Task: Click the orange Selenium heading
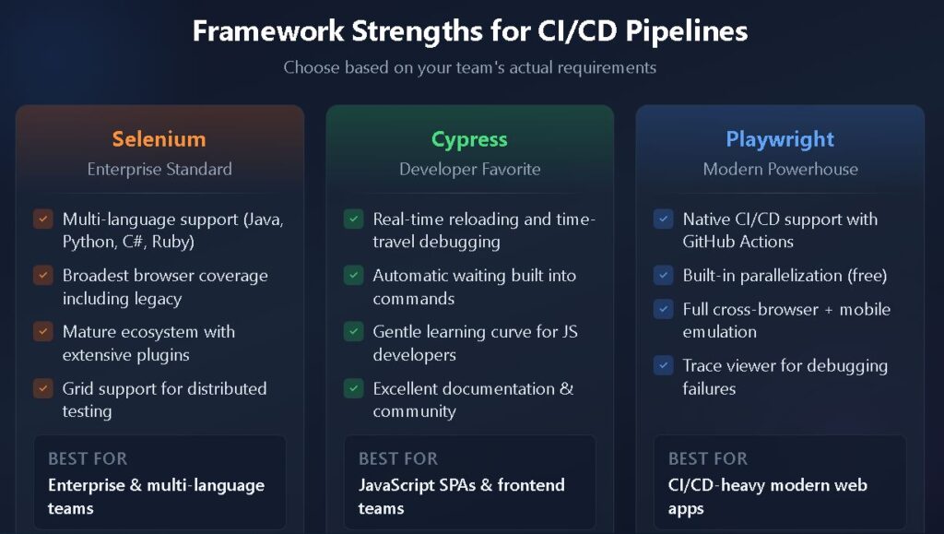point(159,139)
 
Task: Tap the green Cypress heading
point(469,139)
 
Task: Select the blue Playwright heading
point(780,139)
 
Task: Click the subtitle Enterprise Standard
point(159,169)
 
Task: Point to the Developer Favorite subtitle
point(469,169)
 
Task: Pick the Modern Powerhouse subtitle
point(780,169)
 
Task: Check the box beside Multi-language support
point(42,220)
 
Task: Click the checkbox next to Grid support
point(42,388)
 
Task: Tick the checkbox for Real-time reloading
point(353,220)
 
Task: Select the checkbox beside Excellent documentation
point(353,388)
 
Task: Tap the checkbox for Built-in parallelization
point(663,276)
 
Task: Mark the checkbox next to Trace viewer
point(663,365)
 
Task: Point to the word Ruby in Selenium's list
point(171,242)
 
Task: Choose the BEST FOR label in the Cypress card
point(398,458)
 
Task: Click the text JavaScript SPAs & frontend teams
point(461,496)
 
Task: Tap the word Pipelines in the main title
point(687,30)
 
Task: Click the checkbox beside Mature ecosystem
point(42,332)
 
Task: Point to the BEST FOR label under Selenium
point(88,458)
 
